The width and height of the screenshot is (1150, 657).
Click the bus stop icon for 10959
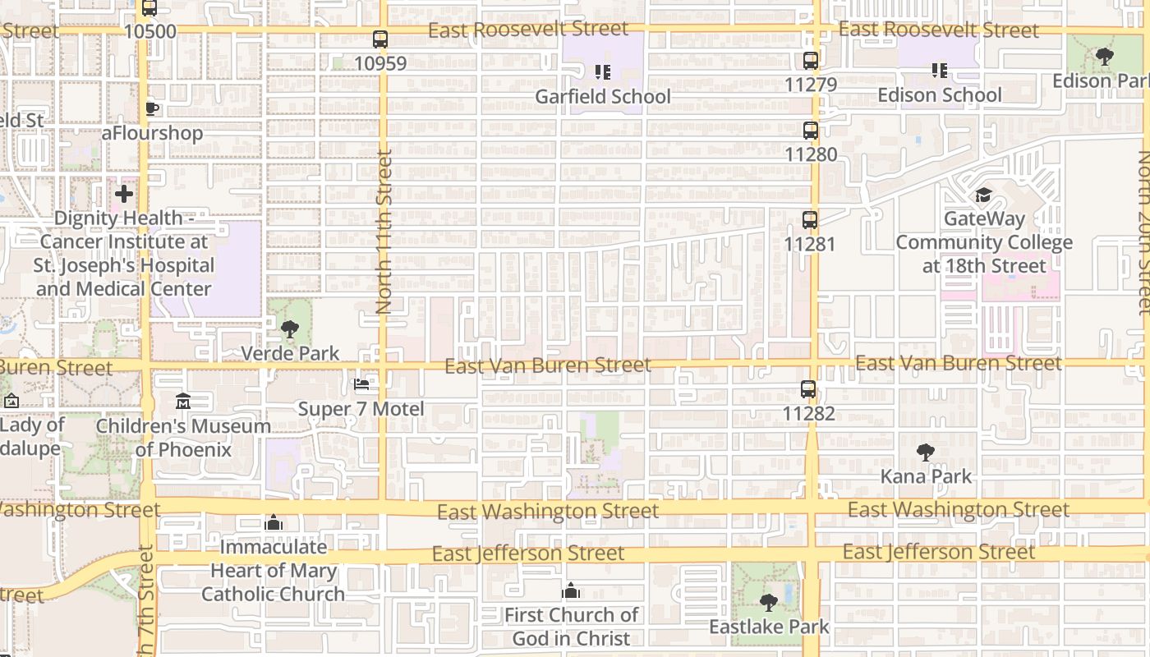pyautogui.click(x=380, y=39)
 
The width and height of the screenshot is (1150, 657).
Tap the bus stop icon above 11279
pyautogui.click(x=811, y=61)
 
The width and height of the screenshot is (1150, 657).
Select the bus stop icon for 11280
pyautogui.click(x=811, y=131)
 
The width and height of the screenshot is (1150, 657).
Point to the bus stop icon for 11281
pyautogui.click(x=810, y=220)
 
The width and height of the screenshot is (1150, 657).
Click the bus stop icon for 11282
pyautogui.click(x=809, y=389)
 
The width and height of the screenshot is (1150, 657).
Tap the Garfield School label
pyautogui.click(x=603, y=97)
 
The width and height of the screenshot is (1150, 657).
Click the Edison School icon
pyautogui.click(x=940, y=71)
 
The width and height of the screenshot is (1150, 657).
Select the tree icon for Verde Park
pyautogui.click(x=289, y=330)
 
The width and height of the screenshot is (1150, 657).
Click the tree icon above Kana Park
pyautogui.click(x=926, y=453)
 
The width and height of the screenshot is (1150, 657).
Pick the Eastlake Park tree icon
pyautogui.click(x=769, y=604)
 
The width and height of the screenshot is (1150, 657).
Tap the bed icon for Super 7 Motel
pyautogui.click(x=361, y=384)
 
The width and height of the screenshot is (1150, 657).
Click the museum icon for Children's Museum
pyautogui.click(x=183, y=402)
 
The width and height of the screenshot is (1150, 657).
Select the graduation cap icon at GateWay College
pyautogui.click(x=983, y=195)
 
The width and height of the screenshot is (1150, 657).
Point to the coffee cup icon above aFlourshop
pyautogui.click(x=152, y=108)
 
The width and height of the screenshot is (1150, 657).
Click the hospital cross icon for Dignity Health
pyautogui.click(x=124, y=194)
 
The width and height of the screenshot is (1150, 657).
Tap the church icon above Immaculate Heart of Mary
pyautogui.click(x=274, y=523)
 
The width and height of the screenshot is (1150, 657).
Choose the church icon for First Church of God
pyautogui.click(x=571, y=591)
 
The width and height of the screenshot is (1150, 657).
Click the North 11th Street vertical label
pyautogui.click(x=384, y=232)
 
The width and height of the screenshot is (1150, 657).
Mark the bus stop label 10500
pyautogui.click(x=149, y=32)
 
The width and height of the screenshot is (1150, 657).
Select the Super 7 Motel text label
pyautogui.click(x=361, y=409)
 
